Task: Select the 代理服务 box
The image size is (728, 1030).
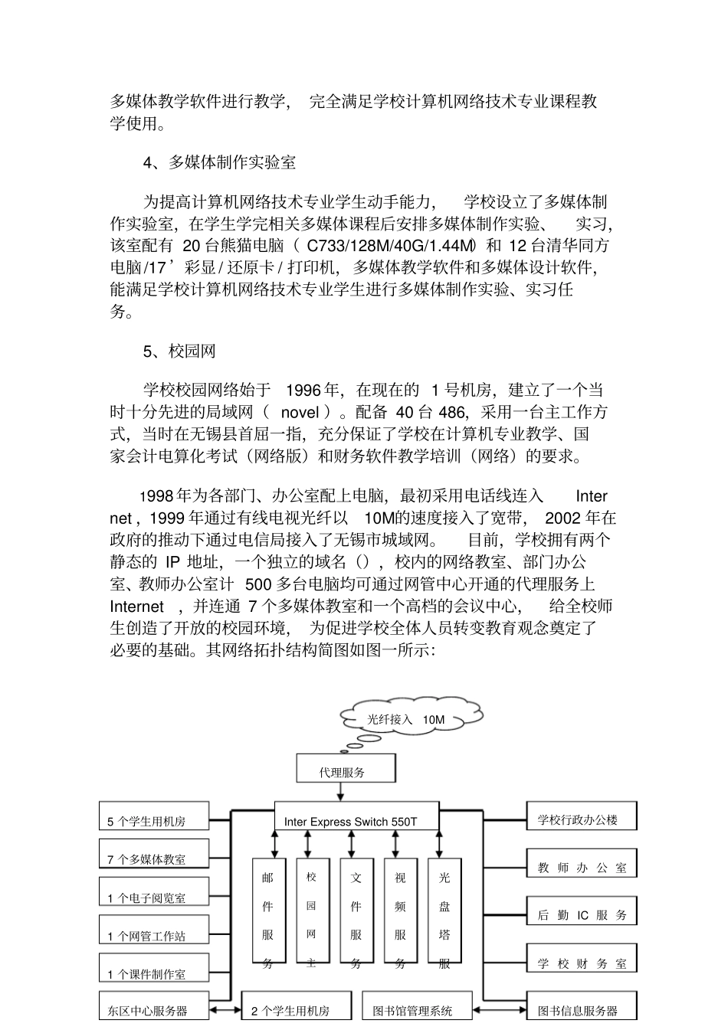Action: pos(346,768)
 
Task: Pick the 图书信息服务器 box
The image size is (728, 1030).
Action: pos(582,1007)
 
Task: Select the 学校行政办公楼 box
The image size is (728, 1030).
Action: pos(582,816)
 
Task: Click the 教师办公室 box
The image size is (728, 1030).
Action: pos(582,864)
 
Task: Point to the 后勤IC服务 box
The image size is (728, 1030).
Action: pos(582,911)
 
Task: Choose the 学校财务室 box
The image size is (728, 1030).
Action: pos(582,959)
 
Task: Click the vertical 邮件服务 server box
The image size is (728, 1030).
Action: pos(267,915)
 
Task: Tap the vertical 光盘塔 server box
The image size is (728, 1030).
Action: pos(444,915)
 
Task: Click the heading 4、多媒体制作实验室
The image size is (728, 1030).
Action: pos(219,162)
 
